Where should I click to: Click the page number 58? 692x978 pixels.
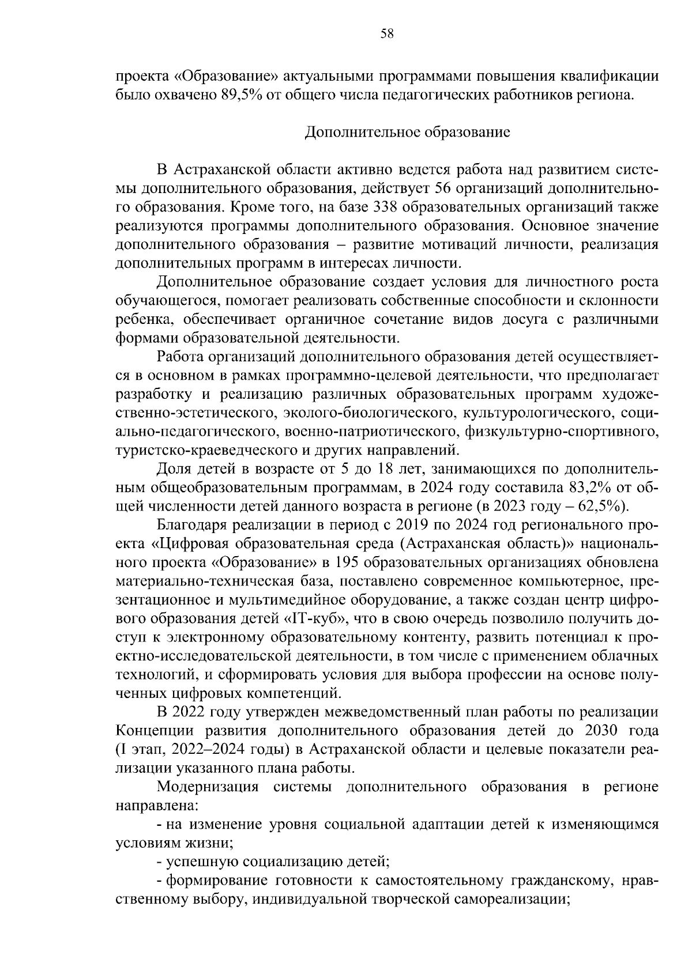coord(387,34)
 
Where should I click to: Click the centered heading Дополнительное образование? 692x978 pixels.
coord(407,133)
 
